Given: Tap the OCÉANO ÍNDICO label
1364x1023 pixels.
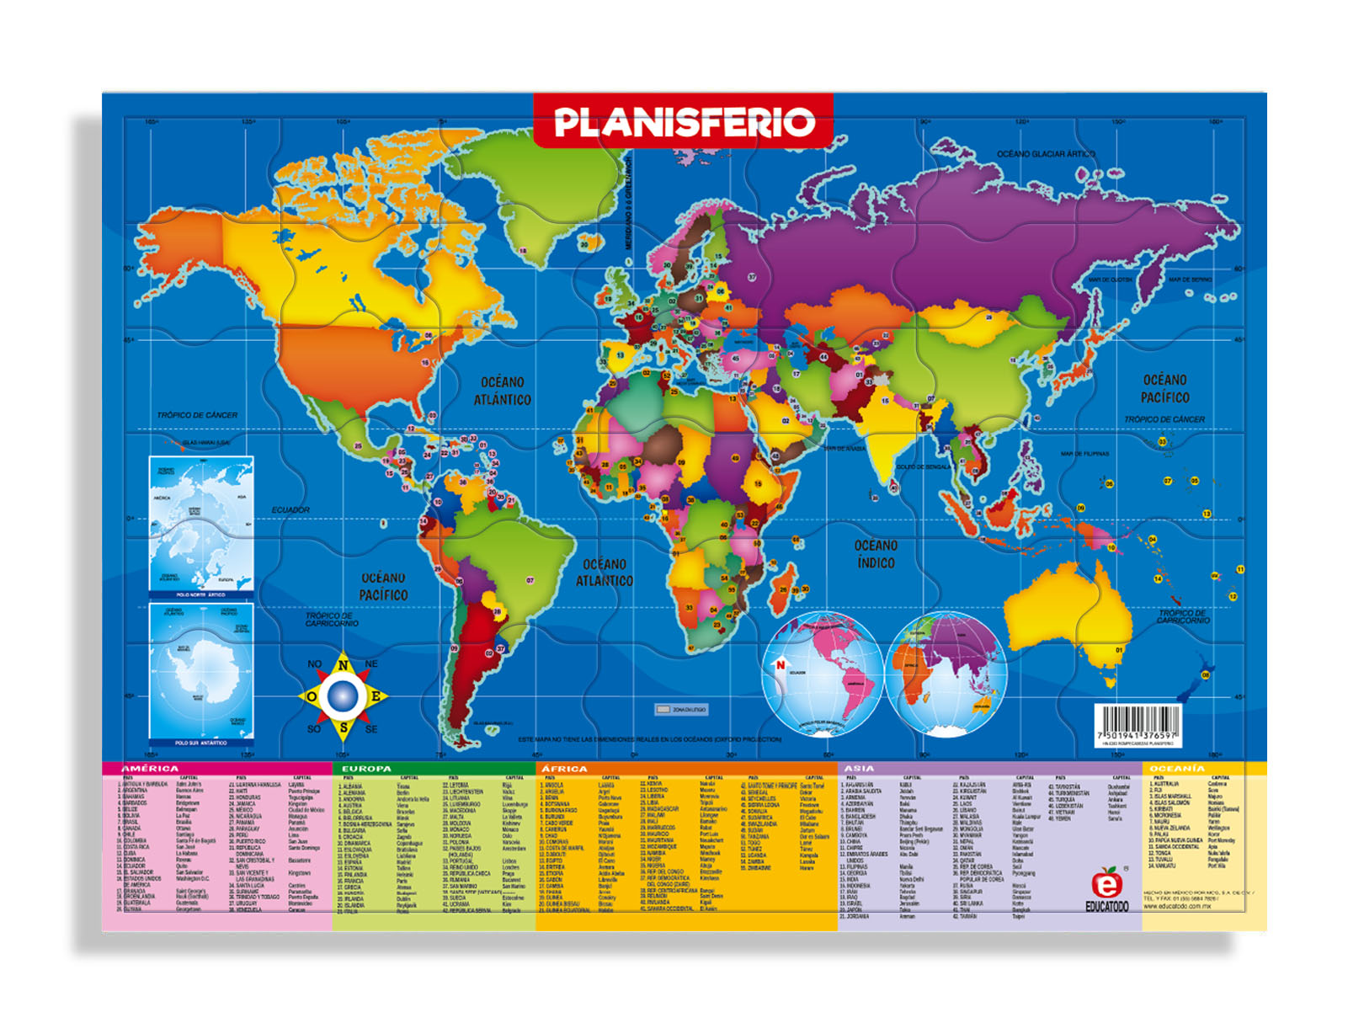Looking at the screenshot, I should click(876, 554).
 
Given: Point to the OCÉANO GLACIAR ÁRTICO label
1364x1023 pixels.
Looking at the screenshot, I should click(1046, 154).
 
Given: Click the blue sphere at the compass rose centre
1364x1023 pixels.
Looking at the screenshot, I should click(343, 695).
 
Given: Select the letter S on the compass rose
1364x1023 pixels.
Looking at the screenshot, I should click(344, 727).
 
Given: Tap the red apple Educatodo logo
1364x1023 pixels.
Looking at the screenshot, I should click(1106, 884).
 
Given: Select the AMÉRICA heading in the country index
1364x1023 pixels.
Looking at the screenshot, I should click(150, 769).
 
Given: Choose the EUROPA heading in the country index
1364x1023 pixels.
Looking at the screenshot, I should click(366, 769).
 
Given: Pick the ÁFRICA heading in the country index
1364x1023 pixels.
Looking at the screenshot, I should click(564, 769).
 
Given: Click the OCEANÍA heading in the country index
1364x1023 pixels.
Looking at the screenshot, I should click(1177, 769).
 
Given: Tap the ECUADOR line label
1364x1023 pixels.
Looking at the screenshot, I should click(290, 510).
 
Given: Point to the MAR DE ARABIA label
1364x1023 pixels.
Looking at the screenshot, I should click(844, 449).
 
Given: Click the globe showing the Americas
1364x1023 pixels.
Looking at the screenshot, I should click(822, 674).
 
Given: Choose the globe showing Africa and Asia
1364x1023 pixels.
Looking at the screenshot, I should click(946, 674).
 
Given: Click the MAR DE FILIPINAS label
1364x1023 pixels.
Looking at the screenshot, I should click(1084, 454).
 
